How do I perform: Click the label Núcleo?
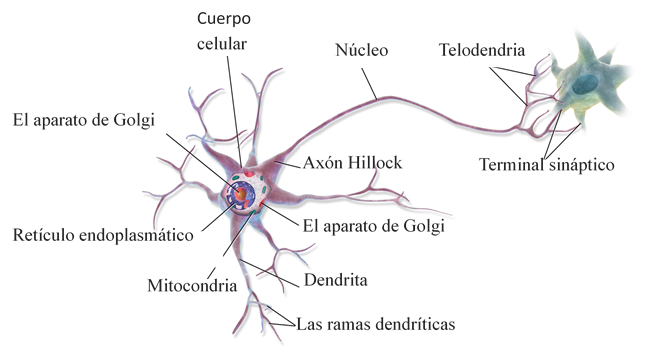pos(361,50)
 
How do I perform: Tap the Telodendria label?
pos(481,50)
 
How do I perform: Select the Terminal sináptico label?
pos(546,164)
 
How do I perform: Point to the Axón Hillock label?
pos(352,163)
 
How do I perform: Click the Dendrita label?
pos(335,280)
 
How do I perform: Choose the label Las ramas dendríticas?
pos(376,324)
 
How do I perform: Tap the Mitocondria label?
pos(192,285)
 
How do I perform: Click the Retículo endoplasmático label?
pos(103,235)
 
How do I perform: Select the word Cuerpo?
pos(224,19)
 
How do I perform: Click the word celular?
pos(221,44)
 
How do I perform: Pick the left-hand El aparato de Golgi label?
pos(83,120)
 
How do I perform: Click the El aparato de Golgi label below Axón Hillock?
pos(373,226)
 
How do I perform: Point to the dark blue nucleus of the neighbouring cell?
pos(585,84)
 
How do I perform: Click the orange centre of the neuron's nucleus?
pos(241,194)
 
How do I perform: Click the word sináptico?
pos(581,165)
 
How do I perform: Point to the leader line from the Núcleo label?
pos(369,84)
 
